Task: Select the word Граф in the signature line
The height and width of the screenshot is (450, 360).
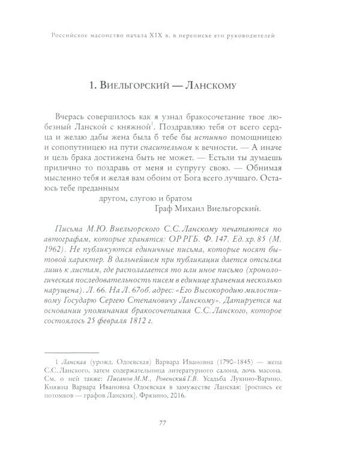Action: click(159, 208)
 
